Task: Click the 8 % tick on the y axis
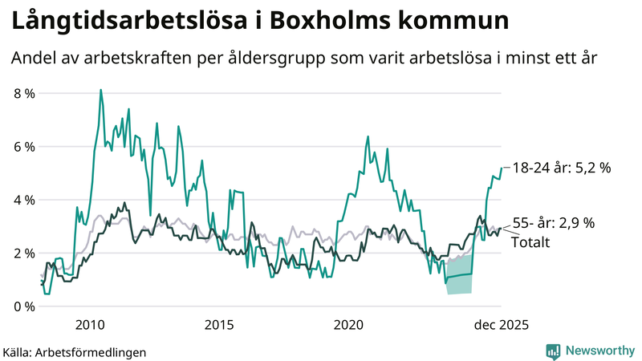[x=23, y=93]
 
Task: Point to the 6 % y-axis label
[x=23, y=147]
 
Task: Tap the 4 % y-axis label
[x=23, y=200]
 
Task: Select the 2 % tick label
[x=23, y=254]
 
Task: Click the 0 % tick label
[x=23, y=306]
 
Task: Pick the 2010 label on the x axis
[x=89, y=325]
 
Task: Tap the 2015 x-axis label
[x=218, y=325]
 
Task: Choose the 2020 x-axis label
[x=348, y=325]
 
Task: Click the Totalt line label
[x=530, y=241]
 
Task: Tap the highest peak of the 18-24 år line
[x=100, y=90]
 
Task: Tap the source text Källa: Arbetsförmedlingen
[x=75, y=351]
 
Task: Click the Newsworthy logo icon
[x=553, y=351]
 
